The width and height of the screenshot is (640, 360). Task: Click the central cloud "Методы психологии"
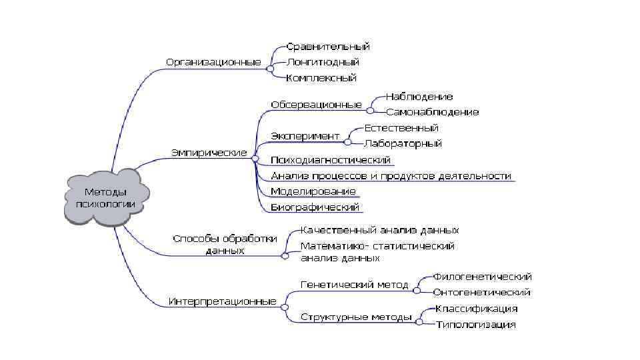click(105, 198)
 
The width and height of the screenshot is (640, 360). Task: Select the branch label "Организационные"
click(213, 62)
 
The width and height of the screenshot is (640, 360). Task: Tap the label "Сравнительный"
click(328, 47)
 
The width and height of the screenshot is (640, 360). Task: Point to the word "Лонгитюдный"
click(323, 62)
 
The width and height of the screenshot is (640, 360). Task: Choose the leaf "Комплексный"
click(321, 78)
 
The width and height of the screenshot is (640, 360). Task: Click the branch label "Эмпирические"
click(209, 153)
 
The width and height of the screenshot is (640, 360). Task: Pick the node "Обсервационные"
click(316, 105)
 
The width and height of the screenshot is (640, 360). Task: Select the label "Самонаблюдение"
click(432, 112)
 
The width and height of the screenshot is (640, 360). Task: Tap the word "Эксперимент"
click(305, 136)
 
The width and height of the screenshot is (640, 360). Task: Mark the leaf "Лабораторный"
click(403, 143)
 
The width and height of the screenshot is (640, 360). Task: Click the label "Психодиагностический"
click(331, 160)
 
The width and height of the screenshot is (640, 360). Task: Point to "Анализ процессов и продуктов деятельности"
click(391, 176)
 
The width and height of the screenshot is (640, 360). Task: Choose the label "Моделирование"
click(313, 191)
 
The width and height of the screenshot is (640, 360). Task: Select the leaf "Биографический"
click(315, 207)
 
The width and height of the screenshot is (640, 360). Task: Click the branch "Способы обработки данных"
click(225, 245)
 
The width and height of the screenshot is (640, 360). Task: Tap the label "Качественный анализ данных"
click(379, 230)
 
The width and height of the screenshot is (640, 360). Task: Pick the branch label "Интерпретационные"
click(222, 301)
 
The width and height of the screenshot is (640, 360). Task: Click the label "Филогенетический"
click(483, 276)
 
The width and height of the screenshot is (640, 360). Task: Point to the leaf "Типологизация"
click(476, 325)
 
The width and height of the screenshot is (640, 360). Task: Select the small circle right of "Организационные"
click(269, 68)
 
